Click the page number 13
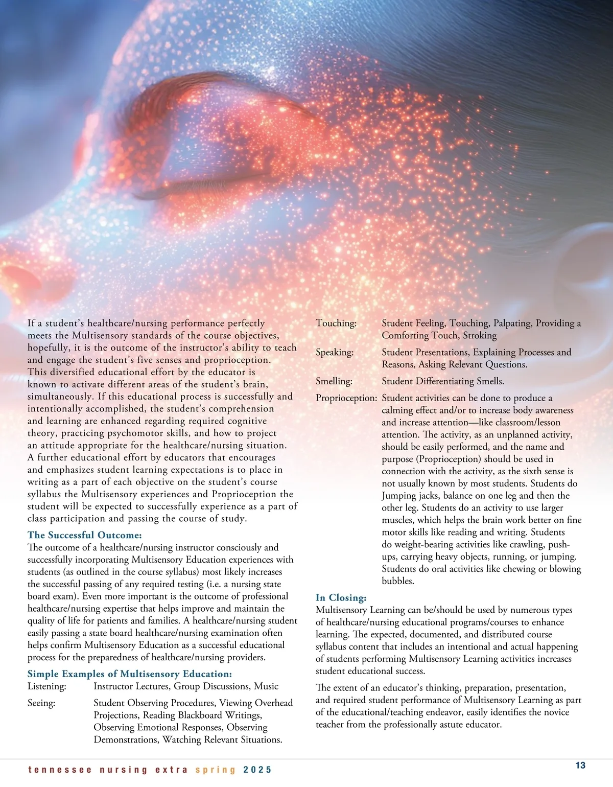point(580,765)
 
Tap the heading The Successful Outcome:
point(84,535)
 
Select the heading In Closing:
point(341,597)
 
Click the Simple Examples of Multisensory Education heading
point(130,674)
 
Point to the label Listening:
point(47,686)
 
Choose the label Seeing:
point(41,703)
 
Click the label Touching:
point(336,323)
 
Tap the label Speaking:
point(335,352)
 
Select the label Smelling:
point(334,381)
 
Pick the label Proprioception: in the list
point(346,398)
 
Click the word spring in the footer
point(216,770)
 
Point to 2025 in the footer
point(257,770)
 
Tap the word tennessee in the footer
point(60,770)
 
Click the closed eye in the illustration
point(215,179)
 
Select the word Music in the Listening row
point(266,686)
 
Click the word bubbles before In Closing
point(398,581)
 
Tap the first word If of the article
point(32,323)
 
